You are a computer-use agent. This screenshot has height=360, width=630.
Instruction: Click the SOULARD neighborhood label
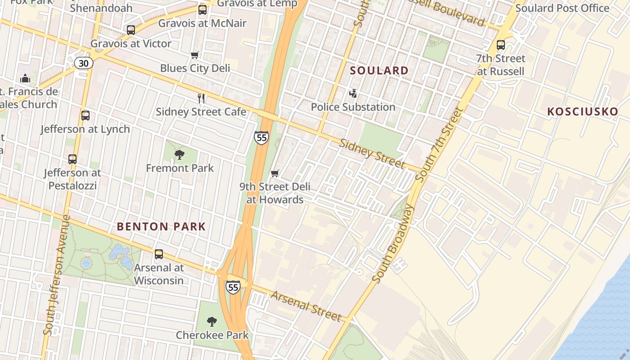(x=379, y=71)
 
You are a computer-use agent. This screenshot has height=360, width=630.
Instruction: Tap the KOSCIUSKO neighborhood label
(x=582, y=112)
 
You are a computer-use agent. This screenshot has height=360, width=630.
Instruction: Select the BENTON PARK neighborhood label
(x=161, y=227)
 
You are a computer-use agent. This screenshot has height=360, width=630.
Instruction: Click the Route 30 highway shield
(x=84, y=63)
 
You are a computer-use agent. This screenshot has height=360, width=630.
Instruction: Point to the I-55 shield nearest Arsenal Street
(x=233, y=287)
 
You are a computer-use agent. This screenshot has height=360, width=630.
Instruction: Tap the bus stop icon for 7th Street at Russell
(x=501, y=45)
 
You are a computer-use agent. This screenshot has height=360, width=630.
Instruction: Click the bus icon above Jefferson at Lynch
(x=85, y=116)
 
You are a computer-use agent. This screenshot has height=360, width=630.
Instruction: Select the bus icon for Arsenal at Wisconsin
(x=159, y=254)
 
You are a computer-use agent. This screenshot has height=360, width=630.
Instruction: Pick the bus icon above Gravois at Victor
(x=131, y=30)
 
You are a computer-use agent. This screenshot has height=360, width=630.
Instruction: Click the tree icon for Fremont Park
(x=180, y=155)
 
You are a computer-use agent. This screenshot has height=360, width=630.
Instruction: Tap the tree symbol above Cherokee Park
(x=212, y=322)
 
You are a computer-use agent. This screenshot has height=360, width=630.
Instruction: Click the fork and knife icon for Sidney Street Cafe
(x=201, y=98)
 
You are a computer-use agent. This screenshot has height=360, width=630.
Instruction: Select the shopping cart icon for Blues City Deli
(x=195, y=55)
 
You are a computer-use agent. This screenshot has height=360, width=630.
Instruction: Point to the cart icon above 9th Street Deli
(x=275, y=173)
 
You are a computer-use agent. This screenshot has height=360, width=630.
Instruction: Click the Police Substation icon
(x=353, y=94)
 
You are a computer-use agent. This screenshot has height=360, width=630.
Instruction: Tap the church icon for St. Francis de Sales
(x=25, y=78)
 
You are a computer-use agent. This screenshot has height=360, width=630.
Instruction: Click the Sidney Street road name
(x=372, y=153)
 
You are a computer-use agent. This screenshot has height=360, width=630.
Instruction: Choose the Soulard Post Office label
(x=562, y=8)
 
